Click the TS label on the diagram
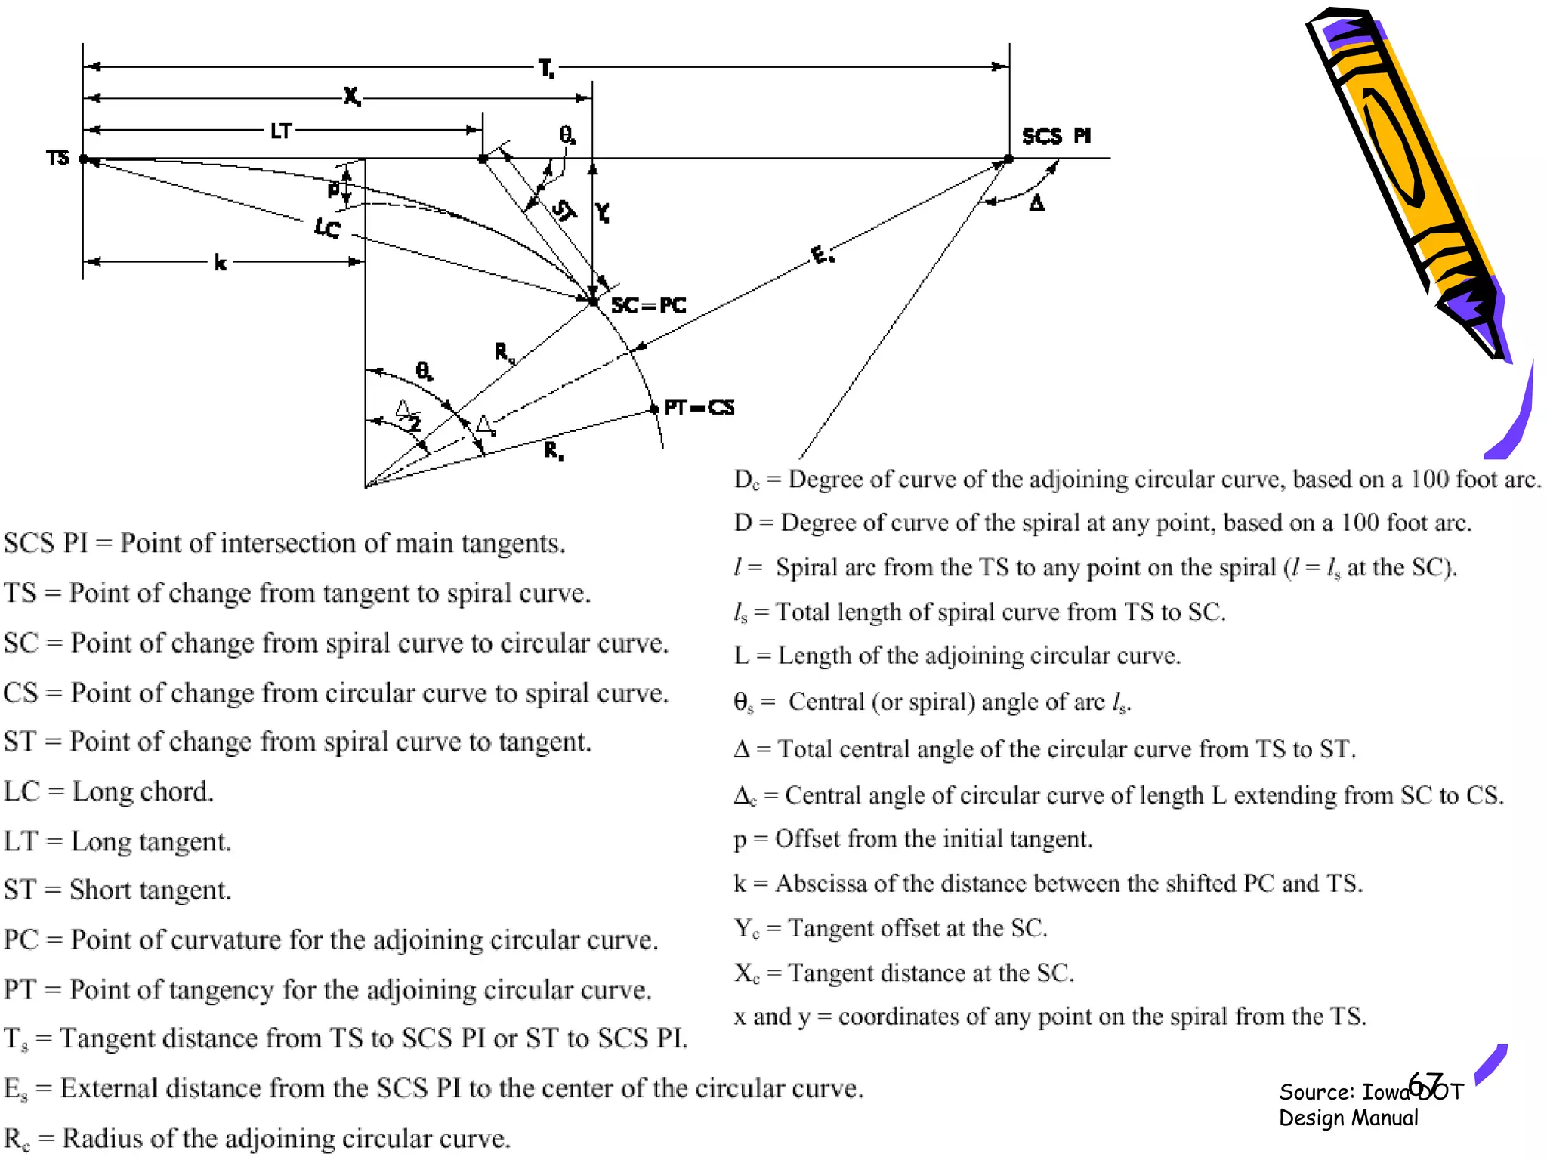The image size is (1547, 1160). coord(57,158)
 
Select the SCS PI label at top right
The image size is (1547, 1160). coord(1056,136)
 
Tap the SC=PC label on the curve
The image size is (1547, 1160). coord(649,305)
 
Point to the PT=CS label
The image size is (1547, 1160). coord(699,408)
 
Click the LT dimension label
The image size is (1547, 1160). coord(281,131)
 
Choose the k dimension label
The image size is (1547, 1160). coord(220,263)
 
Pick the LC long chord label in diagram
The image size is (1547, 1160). coord(328,227)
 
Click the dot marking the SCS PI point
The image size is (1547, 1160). coord(1008,159)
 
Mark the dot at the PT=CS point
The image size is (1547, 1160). coord(654,409)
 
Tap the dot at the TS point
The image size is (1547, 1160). coord(84,159)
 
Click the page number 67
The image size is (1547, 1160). coord(1426,1084)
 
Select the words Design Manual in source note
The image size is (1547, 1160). coord(1348,1118)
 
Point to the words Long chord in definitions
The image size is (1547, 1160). coord(143,791)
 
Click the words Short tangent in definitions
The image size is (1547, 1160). coord(150,890)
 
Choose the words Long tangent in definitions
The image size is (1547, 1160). coord(151,841)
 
